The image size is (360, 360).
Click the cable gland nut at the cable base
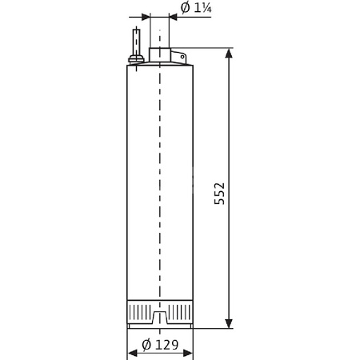pos(137,58)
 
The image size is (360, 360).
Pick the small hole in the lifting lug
pos(181,57)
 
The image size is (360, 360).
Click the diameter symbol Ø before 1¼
pos(185,9)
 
